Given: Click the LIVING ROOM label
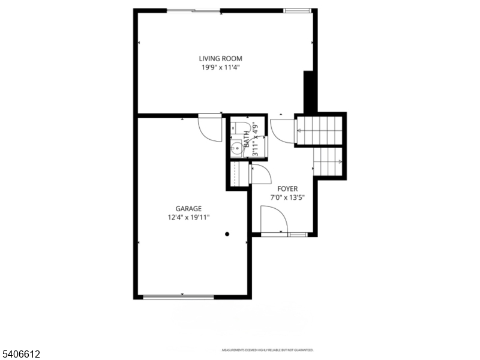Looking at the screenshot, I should point(221,58).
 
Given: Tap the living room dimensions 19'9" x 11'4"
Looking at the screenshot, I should point(221,68).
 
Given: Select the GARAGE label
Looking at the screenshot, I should point(188,209).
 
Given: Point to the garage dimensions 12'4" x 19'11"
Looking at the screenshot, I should point(188,218).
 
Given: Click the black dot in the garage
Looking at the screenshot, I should point(227,234).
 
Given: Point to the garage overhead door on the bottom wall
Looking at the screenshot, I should point(178,296).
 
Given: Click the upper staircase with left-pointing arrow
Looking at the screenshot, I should point(319,130).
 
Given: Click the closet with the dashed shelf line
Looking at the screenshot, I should point(236,174).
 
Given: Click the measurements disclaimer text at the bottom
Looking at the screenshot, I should point(268,350).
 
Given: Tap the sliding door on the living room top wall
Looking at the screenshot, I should point(193,10).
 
